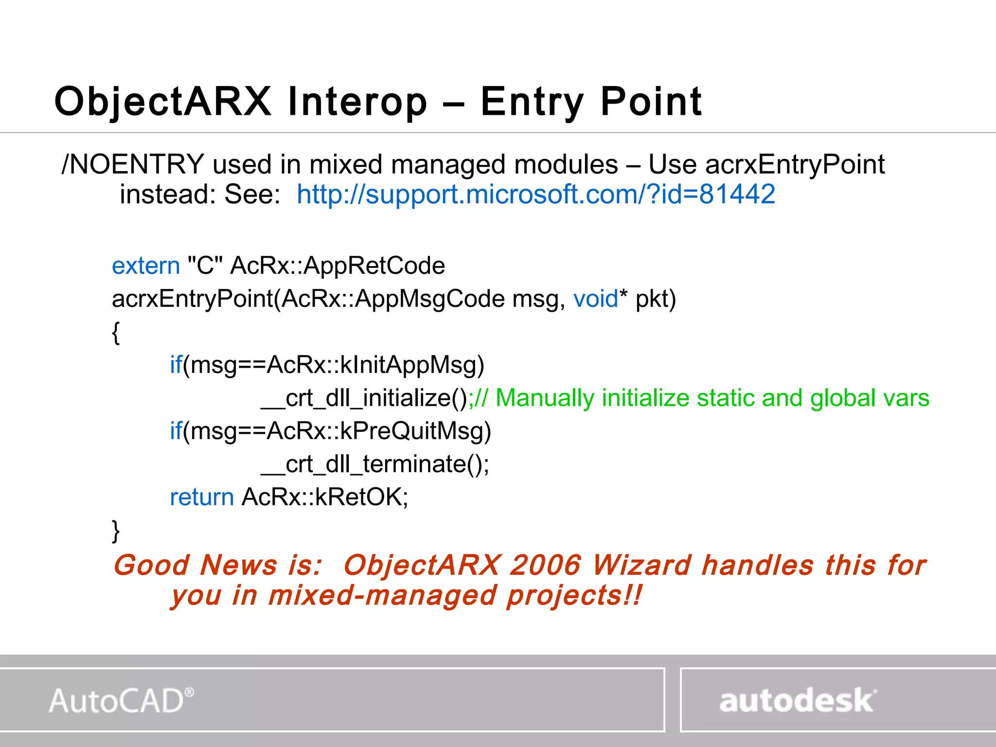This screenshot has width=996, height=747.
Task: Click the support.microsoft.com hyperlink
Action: (535, 194)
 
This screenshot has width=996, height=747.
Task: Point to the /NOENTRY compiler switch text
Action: (133, 164)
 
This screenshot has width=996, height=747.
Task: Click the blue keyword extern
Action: (146, 266)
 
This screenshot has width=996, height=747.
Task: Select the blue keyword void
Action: (595, 299)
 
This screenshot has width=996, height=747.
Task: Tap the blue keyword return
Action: (202, 497)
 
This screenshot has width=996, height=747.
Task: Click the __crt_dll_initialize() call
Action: (364, 398)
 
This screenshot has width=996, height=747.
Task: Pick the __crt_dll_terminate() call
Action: (374, 464)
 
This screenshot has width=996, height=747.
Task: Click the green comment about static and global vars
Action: (700, 398)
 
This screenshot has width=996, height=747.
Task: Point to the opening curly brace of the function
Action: (116, 333)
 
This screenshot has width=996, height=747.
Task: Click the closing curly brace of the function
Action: (116, 530)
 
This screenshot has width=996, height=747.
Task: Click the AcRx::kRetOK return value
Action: (325, 497)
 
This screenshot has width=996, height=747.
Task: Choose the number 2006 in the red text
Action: (545, 565)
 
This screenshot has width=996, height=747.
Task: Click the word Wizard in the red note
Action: (641, 565)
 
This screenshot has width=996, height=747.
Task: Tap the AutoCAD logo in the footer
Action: (122, 701)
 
